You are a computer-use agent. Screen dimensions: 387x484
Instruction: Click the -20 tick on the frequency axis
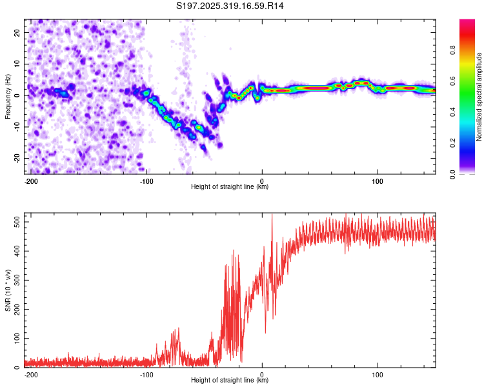[x=17, y=158]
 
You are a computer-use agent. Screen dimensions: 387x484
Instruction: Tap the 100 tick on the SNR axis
[x=15, y=339]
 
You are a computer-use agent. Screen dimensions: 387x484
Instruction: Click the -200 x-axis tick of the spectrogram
[x=29, y=181]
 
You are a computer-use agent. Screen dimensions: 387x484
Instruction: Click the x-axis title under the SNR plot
[x=230, y=381]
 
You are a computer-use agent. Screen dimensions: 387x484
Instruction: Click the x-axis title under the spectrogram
[x=230, y=187]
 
